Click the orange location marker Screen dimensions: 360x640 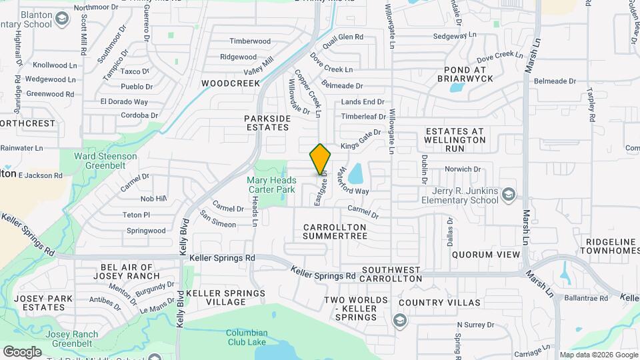(x=320, y=158)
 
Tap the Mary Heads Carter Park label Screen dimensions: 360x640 (x=271, y=185)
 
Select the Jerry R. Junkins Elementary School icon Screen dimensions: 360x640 (x=509, y=194)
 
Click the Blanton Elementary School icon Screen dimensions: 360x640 (x=62, y=19)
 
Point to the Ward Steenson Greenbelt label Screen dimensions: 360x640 (x=105, y=161)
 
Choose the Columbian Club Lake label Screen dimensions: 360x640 (x=246, y=337)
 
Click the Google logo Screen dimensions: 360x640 (x=22, y=352)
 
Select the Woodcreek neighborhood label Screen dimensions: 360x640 (x=229, y=83)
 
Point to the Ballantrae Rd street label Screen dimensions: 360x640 (x=585, y=298)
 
